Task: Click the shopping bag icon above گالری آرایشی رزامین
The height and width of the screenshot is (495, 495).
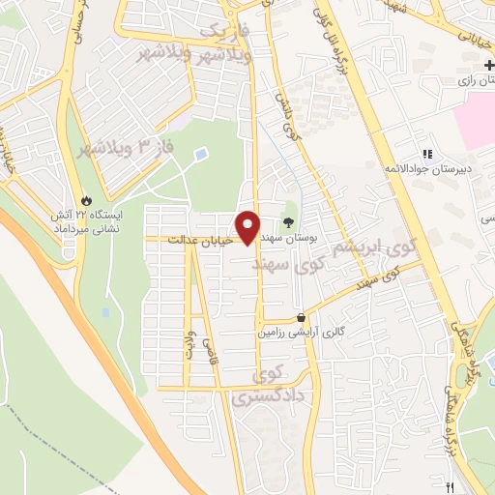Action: pyautogui.click(x=302, y=317)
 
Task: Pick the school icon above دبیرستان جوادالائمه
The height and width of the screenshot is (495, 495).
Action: pyautogui.click(x=425, y=154)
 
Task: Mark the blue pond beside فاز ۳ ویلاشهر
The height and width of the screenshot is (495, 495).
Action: pyautogui.click(x=200, y=154)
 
